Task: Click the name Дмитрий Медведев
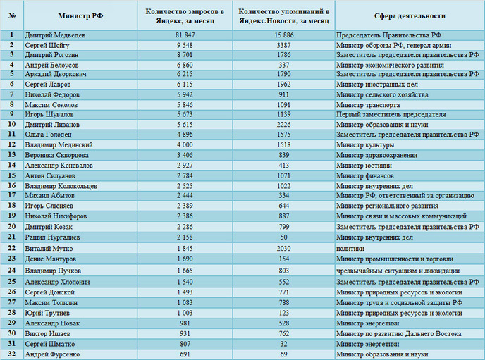tap(55, 35)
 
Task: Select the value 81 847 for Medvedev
tap(185, 35)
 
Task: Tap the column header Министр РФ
tap(80, 16)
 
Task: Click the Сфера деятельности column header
tap(410, 16)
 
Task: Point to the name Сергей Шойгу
tap(47, 45)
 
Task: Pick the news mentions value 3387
tap(283, 45)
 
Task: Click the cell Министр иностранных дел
tap(377, 85)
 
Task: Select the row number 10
tap(12, 124)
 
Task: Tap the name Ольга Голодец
tap(48, 135)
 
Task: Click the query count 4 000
tap(185, 145)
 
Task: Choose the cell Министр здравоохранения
tap(376, 155)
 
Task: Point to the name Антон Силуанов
tap(50, 176)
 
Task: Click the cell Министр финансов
tap(365, 176)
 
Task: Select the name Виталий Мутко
tap(49, 249)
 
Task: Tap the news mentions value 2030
tap(283, 249)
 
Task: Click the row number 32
tap(12, 354)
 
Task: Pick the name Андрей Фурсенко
tap(52, 354)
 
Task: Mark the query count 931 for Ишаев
tap(185, 334)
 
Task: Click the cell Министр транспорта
tap(368, 105)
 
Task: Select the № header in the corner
tap(12, 16)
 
